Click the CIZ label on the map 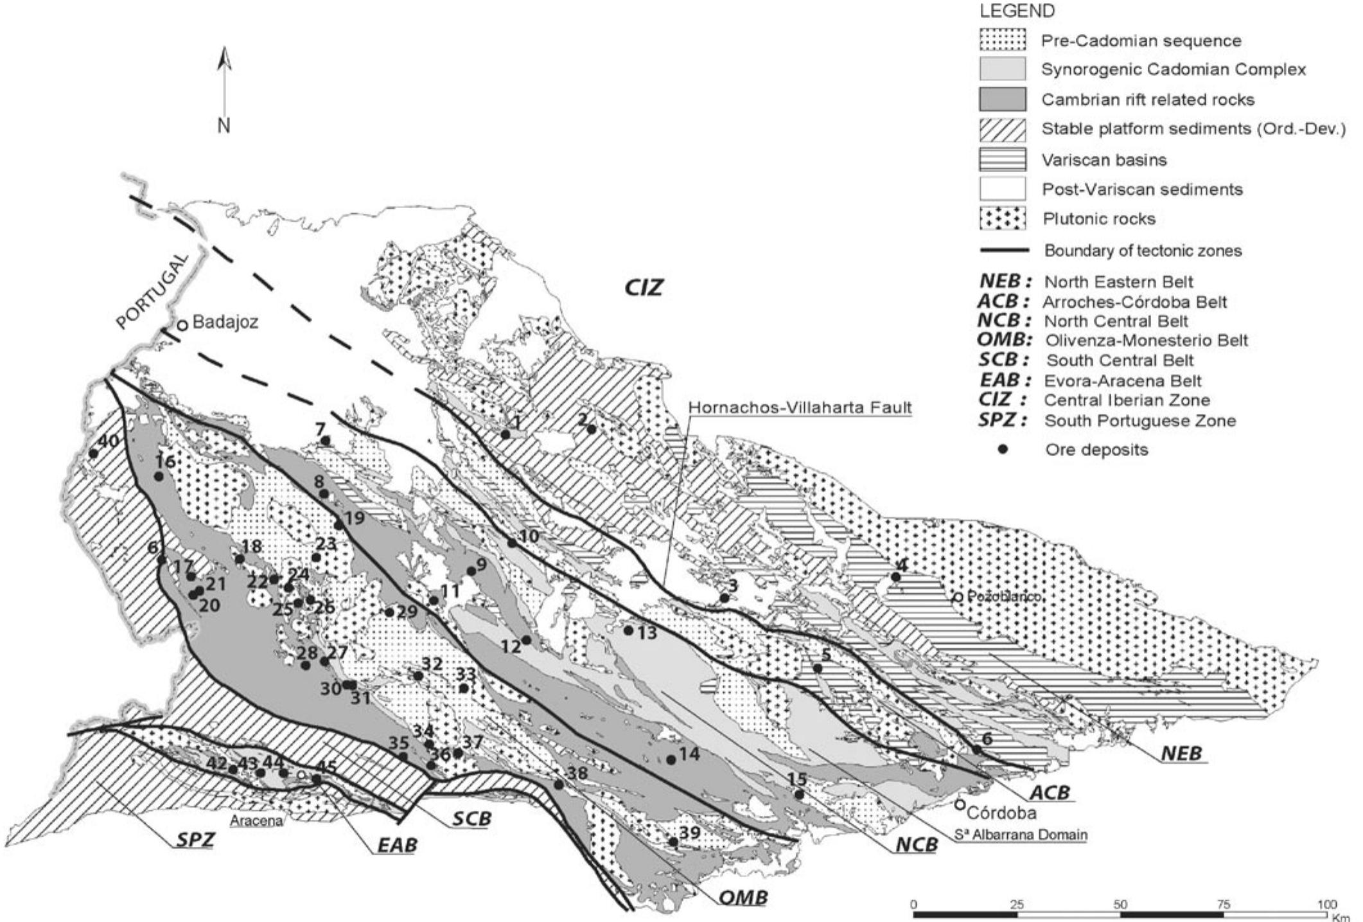tap(644, 287)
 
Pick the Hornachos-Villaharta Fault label tap(800, 407)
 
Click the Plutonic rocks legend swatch tap(1002, 218)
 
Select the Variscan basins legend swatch tap(1002, 159)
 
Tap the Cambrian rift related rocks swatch tap(1002, 100)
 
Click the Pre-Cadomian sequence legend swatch tap(1002, 40)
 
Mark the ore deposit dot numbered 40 tap(93, 453)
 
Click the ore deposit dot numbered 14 tap(671, 759)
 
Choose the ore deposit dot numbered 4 tap(896, 577)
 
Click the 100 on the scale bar tap(1326, 905)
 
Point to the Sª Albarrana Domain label tap(1021, 835)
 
